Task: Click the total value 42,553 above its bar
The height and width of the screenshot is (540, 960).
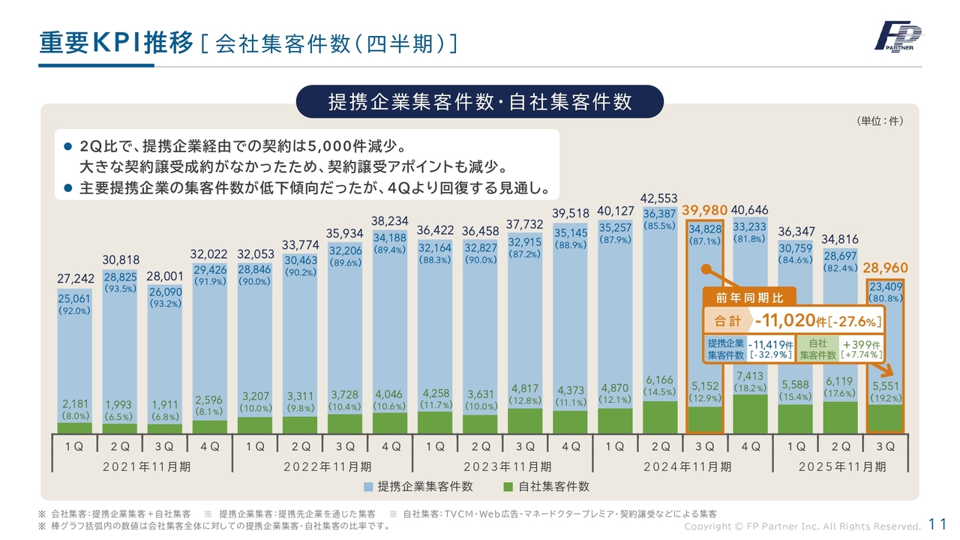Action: [659, 198]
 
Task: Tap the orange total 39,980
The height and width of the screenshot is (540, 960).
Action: [705, 211]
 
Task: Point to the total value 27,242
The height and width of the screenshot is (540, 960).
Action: [75, 279]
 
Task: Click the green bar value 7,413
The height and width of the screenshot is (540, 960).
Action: [750, 376]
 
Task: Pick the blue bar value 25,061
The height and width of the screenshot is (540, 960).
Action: [75, 299]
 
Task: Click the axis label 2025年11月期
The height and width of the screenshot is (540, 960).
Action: [841, 466]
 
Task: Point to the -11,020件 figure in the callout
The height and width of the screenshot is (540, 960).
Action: [796, 321]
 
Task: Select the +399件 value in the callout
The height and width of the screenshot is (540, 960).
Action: [861, 344]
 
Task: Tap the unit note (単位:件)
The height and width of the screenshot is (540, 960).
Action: [879, 121]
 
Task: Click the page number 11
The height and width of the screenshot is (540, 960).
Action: [937, 524]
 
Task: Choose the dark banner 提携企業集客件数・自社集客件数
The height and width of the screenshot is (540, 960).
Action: [480, 102]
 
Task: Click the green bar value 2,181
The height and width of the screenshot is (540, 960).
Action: [75, 403]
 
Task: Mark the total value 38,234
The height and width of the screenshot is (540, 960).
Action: [390, 222]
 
